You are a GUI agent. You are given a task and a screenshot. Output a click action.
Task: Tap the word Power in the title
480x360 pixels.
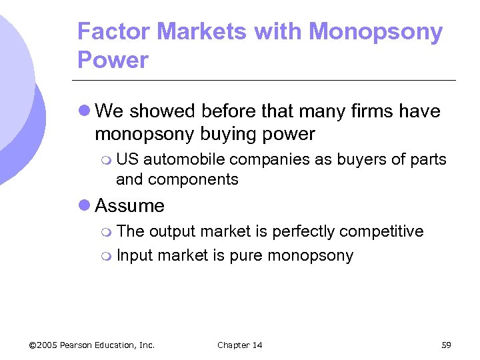click(x=113, y=60)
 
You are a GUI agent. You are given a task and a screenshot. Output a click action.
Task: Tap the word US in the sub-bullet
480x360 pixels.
click(x=127, y=159)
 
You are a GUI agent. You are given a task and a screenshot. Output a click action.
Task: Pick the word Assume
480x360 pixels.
click(x=129, y=206)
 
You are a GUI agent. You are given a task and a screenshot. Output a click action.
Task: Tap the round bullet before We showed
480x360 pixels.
click(x=85, y=111)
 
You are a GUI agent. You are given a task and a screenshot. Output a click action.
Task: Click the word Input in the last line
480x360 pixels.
click(x=132, y=255)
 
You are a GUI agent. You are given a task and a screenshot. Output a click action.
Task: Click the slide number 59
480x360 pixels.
click(x=446, y=345)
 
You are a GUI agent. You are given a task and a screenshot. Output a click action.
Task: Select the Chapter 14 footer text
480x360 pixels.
click(x=240, y=345)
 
